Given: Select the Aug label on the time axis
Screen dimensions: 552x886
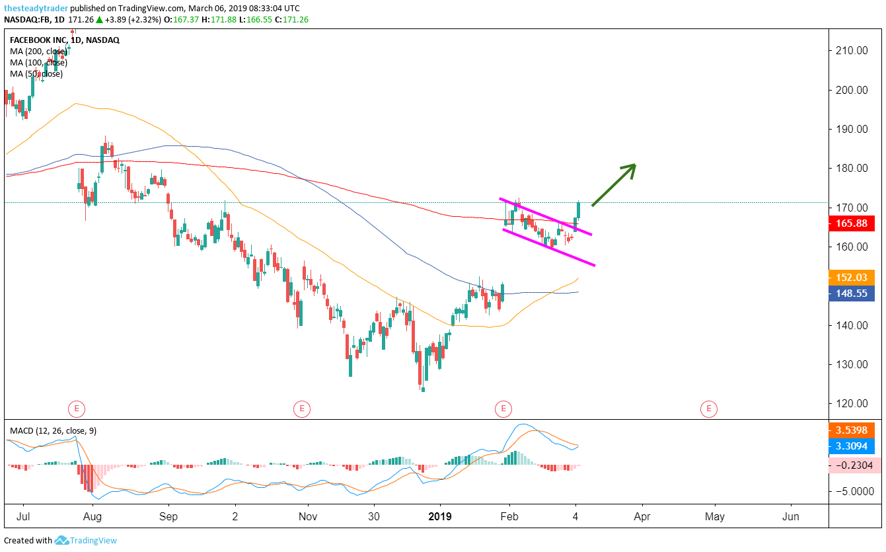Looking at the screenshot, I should pos(92,516).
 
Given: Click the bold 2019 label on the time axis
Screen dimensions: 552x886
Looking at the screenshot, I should pos(440,516).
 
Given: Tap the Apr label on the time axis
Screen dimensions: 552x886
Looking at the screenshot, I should pos(642,516).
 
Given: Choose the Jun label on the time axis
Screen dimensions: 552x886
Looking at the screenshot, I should pos(791,516).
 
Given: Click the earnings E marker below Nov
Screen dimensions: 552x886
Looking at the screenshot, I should pos(301,409).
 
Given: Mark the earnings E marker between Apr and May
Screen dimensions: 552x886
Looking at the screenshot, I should pos(708,409).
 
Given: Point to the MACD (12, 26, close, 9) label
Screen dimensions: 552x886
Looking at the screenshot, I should pos(53,431).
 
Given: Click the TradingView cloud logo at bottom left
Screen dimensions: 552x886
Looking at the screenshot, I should pos(62,541).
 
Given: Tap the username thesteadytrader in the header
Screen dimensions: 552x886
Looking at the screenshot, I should pos(35,8).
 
